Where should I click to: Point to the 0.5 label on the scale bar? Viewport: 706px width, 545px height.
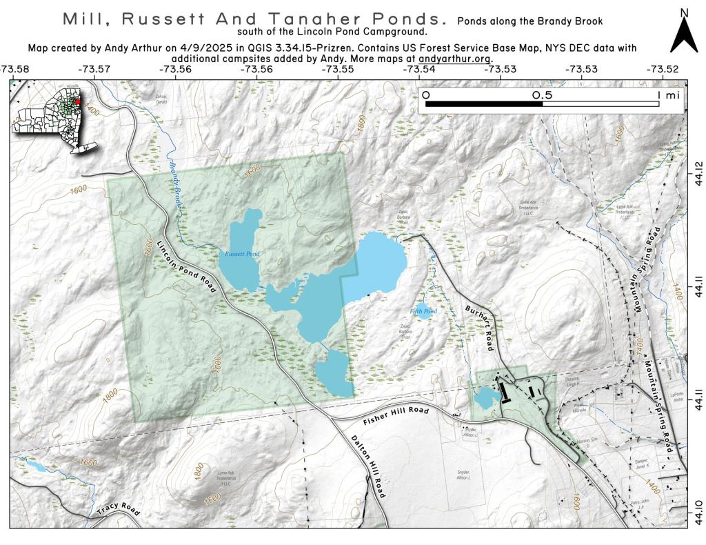(543, 95)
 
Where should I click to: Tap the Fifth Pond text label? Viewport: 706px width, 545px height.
(423, 311)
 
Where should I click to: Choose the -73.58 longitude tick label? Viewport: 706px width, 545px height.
(15, 69)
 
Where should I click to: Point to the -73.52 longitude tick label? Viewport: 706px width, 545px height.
(662, 69)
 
